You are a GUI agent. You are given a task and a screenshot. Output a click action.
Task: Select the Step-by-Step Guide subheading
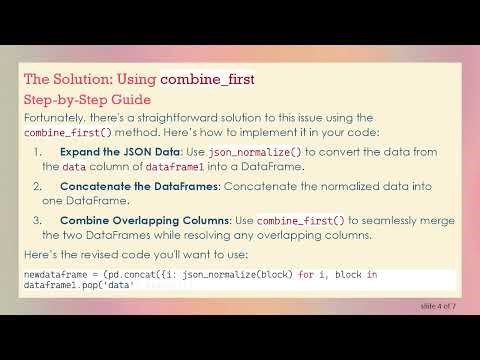[x=87, y=100]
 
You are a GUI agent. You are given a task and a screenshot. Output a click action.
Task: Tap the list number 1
[x=37, y=152]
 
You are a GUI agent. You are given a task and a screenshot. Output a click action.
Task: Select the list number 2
[x=37, y=186]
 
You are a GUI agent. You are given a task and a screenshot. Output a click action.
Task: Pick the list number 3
[x=37, y=220]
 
